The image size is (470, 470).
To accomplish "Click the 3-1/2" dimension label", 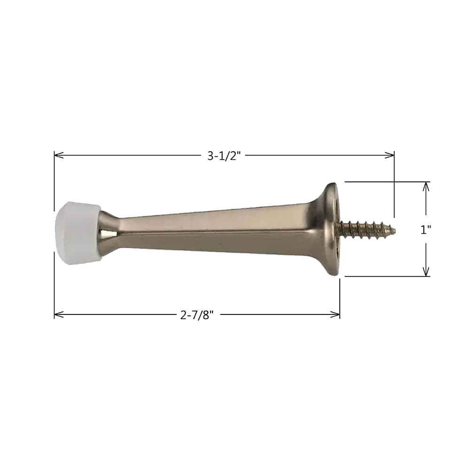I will coord(224,156).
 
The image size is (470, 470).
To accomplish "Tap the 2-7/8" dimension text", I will coord(197,315).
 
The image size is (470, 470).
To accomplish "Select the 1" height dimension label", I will coord(426,229).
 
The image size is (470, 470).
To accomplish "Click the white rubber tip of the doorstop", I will coord(76,233).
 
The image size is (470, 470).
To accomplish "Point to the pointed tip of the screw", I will coord(393,230).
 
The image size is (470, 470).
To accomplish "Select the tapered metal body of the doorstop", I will coord(211,230).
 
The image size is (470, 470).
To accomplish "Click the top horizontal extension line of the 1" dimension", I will coord(385,181).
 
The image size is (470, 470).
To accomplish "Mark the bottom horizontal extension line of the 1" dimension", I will coord(385,276).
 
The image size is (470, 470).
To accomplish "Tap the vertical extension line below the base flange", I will coord(339,296).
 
